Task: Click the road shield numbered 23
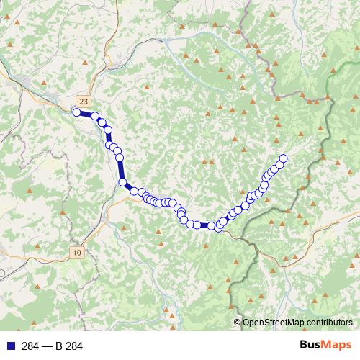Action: coord(84,102)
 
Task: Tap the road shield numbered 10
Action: coord(77,252)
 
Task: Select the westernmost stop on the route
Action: coord(76,112)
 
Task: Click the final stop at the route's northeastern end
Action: coord(283,158)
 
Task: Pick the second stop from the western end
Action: coord(95,116)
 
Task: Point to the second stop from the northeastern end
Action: coord(279,165)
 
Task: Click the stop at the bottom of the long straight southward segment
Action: coord(122,182)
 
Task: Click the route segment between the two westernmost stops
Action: coord(86,114)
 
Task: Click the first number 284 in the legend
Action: coord(30,346)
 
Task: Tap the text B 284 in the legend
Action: coord(69,346)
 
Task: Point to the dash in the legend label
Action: coord(48,346)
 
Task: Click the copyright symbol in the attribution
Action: coord(238,323)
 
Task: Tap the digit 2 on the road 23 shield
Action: coord(82,102)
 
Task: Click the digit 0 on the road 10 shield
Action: coord(79,252)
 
